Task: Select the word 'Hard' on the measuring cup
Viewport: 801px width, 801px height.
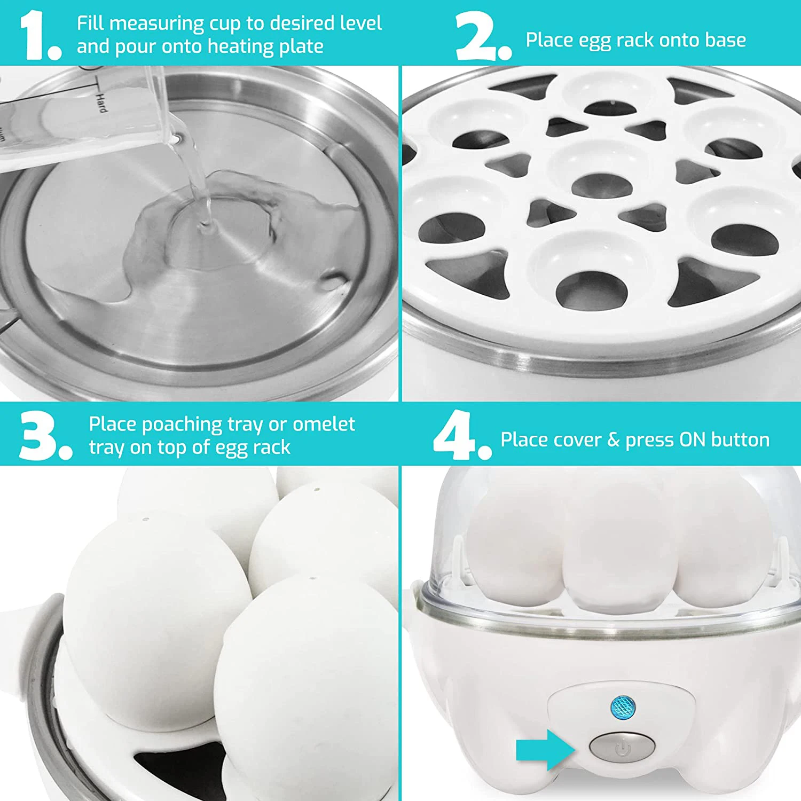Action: (101, 102)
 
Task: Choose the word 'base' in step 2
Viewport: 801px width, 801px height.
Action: (725, 40)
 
